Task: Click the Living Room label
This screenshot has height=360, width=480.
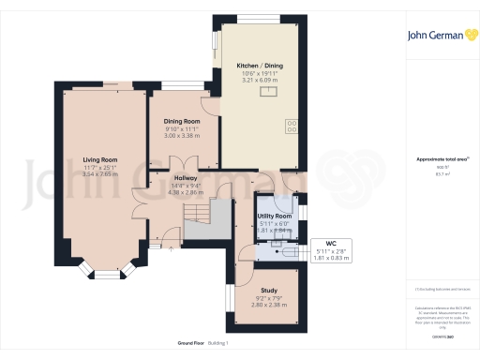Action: click(99, 159)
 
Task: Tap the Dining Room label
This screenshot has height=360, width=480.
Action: click(183, 121)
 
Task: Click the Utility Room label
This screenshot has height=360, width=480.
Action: click(276, 216)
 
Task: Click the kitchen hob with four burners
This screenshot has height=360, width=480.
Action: click(291, 124)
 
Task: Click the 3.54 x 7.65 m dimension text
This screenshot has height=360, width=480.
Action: click(99, 173)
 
